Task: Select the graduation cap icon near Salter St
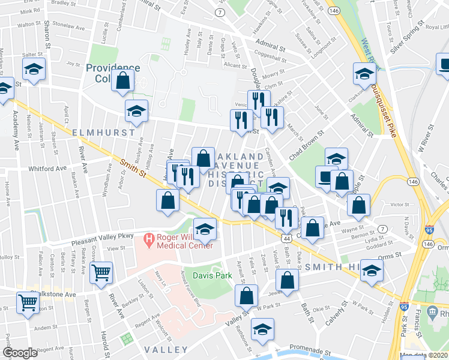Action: pos(34,70)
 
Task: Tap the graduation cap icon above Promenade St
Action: pos(262,330)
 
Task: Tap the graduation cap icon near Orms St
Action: pos(372,269)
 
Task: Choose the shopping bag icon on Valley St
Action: pos(246,295)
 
